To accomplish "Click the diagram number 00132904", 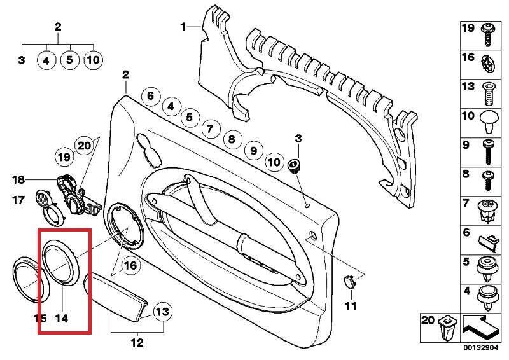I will pyautogui.click(x=481, y=349).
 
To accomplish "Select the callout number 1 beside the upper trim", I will pyautogui.click(x=183, y=27).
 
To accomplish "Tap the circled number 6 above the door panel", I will pyautogui.click(x=150, y=97).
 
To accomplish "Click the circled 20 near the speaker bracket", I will pyautogui.click(x=84, y=146).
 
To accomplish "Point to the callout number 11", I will pyautogui.click(x=351, y=307).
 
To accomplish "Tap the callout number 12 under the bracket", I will pyautogui.click(x=137, y=343).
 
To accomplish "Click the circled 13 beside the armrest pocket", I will pyautogui.click(x=163, y=312).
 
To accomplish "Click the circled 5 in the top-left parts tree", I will pyautogui.click(x=69, y=61).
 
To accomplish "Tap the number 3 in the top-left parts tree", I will pyautogui.click(x=22, y=61).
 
